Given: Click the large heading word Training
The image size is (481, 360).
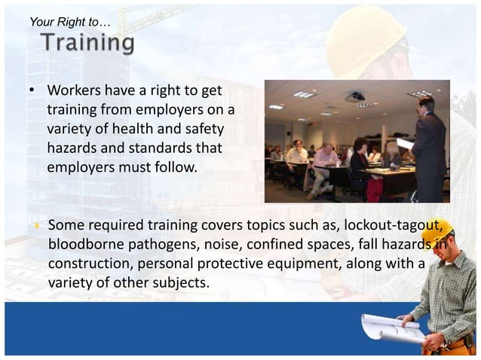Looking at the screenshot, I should pyautogui.click(x=88, y=43).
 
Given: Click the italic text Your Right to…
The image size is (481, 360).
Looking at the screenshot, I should pyautogui.click(x=69, y=23).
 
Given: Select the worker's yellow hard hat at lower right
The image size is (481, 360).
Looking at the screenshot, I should pyautogui.click(x=438, y=230).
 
